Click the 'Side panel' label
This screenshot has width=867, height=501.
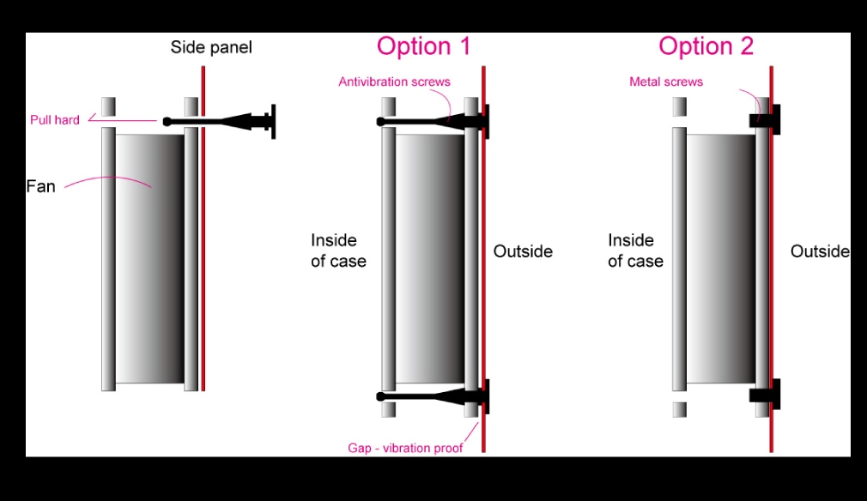click(210, 47)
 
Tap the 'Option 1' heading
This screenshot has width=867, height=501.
click(423, 45)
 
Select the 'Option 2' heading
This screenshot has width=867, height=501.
click(706, 45)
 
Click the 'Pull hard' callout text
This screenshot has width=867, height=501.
click(55, 120)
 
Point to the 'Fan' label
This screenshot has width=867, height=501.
click(41, 186)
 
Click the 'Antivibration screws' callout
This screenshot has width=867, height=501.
click(394, 81)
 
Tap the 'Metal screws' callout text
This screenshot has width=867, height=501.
click(666, 81)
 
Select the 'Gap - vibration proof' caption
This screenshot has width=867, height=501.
click(405, 448)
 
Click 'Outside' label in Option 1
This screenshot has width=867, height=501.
click(523, 251)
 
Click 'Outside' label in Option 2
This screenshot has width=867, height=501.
click(820, 251)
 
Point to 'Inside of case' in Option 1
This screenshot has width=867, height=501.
click(338, 250)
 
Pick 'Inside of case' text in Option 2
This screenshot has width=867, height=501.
click(635, 250)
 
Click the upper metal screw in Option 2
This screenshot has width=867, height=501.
click(765, 120)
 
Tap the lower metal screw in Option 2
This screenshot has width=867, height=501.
click(765, 395)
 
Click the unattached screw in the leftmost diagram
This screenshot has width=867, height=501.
click(219, 122)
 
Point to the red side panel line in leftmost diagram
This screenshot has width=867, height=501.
click(203, 229)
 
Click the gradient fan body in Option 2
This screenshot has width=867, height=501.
click(720, 258)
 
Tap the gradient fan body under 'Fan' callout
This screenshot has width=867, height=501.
click(150, 258)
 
